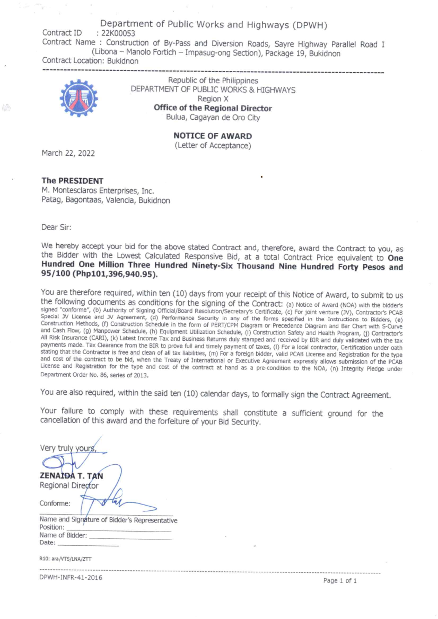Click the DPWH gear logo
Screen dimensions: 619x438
click(x=78, y=98)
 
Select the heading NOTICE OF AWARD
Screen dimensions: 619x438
click(x=212, y=136)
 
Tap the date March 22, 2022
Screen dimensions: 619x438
click(x=68, y=153)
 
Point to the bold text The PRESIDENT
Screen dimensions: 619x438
click(x=72, y=181)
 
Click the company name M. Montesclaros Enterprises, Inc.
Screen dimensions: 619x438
click(x=97, y=191)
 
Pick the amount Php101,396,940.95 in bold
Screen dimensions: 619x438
click(x=115, y=275)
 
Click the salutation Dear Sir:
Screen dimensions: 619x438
click(x=56, y=227)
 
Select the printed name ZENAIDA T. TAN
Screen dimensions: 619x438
click(x=71, y=476)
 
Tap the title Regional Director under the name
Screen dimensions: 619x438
click(x=69, y=485)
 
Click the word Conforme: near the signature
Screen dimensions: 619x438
click(x=55, y=503)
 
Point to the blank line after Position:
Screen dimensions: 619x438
click(x=119, y=530)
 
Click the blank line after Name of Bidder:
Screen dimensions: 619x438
click(x=130, y=538)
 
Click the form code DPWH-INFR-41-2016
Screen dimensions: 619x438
click(x=71, y=578)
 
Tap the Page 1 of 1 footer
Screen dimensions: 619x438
click(x=340, y=581)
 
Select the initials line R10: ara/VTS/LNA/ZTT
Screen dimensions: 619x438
click(x=65, y=559)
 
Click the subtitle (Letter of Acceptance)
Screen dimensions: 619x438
click(x=213, y=146)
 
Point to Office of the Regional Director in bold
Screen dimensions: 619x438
click(x=213, y=108)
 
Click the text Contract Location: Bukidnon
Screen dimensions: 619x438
click(x=90, y=61)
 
